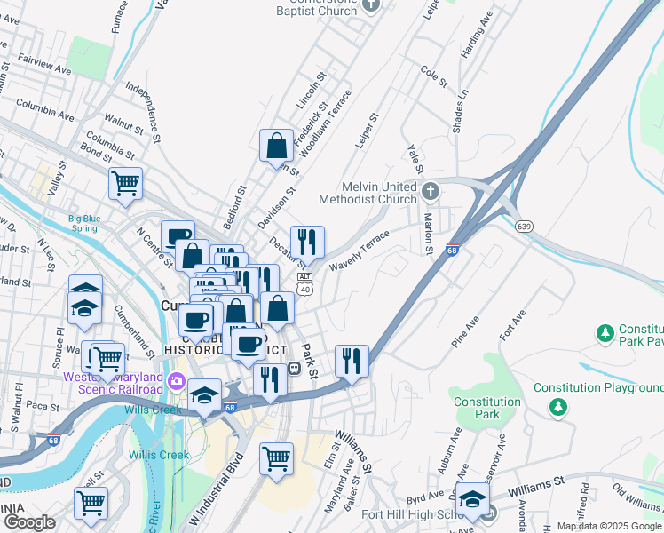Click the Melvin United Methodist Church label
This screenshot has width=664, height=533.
(x=379, y=193)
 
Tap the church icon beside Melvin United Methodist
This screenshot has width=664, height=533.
(x=431, y=191)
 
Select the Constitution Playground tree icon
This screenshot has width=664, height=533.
(x=558, y=407)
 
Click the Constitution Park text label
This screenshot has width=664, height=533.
(x=486, y=408)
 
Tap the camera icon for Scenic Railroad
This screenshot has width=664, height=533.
(x=176, y=382)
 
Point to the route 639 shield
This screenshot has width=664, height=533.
(x=525, y=227)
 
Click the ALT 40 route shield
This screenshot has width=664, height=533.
(x=304, y=283)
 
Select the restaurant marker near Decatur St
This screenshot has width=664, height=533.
(x=307, y=242)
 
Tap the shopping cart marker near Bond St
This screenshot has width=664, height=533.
(x=125, y=183)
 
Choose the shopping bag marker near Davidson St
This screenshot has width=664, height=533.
(x=276, y=145)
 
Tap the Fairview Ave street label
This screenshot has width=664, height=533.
(x=41, y=68)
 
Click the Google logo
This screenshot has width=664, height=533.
(x=30, y=521)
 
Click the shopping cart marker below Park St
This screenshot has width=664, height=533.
(x=276, y=459)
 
